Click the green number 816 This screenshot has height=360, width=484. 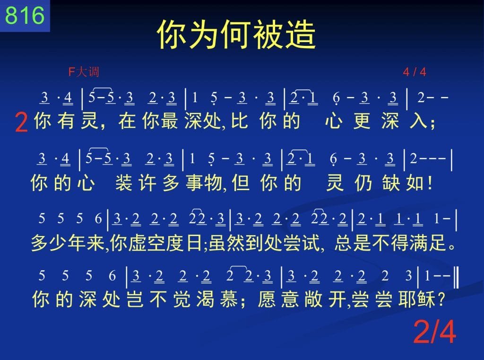pos(25,15)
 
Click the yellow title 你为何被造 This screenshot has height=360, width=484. pos(236,34)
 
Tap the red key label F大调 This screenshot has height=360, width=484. pos(84,72)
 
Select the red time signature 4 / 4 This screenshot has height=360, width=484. pos(414,72)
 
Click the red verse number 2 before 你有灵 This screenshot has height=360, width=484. pos(21,123)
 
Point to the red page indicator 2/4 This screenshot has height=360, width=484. pos(434,332)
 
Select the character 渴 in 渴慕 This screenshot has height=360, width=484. pos(205,299)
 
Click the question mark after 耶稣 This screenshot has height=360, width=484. pos(441,299)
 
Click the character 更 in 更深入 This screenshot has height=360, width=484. pos(362,121)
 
